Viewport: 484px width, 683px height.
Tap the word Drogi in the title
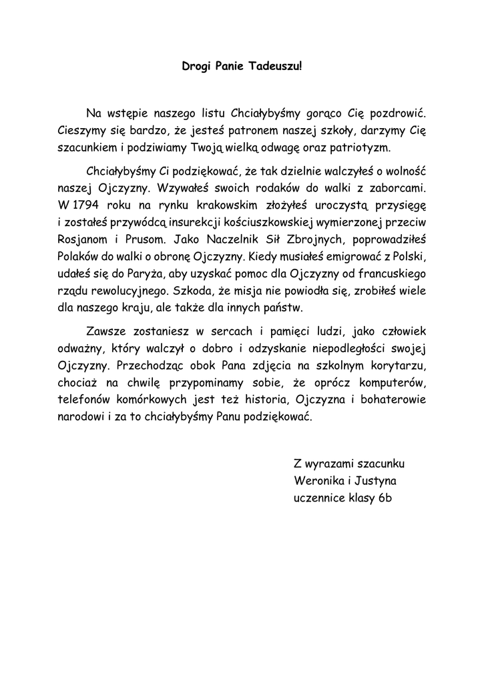(x=196, y=67)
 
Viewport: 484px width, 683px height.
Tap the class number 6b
(x=385, y=498)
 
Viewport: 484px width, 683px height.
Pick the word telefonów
(x=85, y=400)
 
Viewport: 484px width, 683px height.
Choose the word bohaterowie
(x=391, y=400)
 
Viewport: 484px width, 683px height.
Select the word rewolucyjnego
(x=130, y=291)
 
